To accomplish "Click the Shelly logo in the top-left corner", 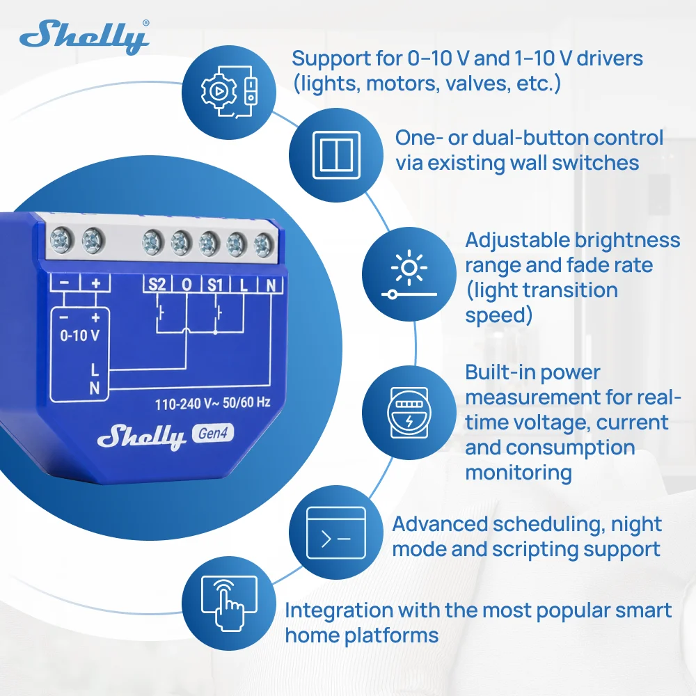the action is (84, 38).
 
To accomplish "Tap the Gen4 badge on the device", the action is (212, 433).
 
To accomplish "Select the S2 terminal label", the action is (157, 284).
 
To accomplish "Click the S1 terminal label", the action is (215, 285).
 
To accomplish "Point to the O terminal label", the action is (187, 285).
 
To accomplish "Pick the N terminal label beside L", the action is (271, 285).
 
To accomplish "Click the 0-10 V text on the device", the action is (80, 335).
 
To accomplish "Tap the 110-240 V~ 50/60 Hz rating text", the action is (212, 403).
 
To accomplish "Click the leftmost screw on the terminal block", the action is (61, 241).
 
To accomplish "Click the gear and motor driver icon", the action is (228, 93).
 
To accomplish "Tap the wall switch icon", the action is (336, 155).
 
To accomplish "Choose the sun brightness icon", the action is (409, 274).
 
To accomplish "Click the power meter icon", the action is (409, 412).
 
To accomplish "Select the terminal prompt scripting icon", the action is (336, 532).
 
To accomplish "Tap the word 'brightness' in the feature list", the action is (628, 240).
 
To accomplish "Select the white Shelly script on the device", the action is (141, 437).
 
